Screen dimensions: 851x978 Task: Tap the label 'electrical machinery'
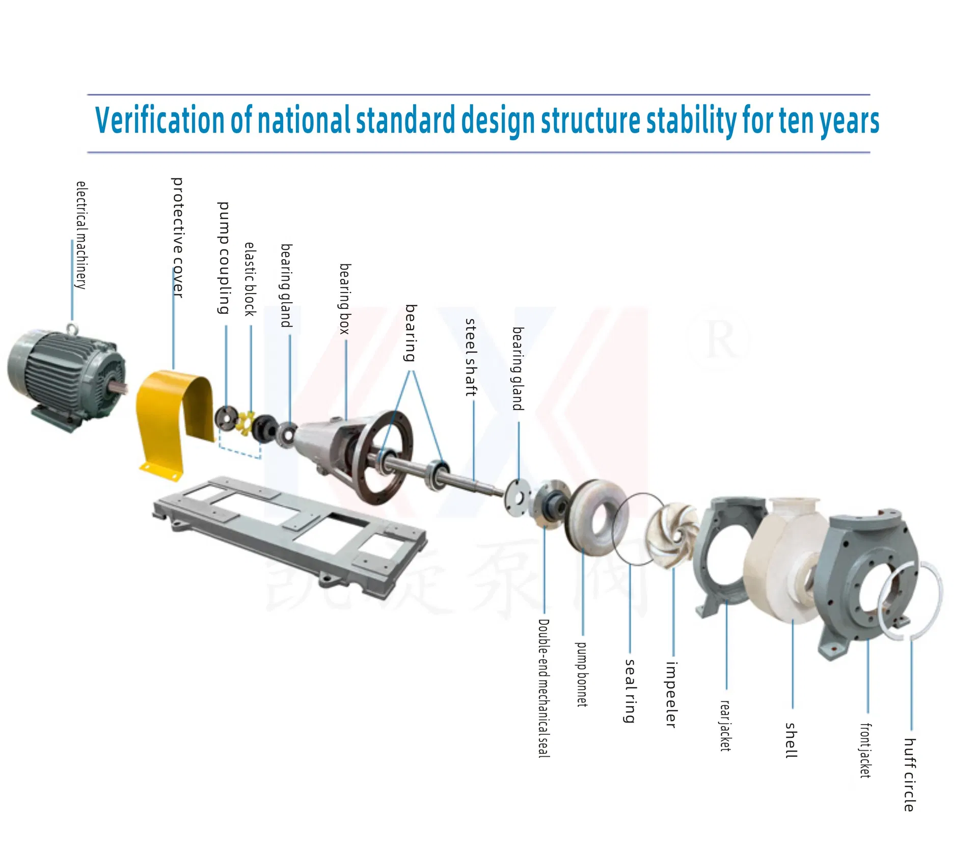tap(81, 235)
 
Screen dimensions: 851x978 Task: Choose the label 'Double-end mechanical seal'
tap(544, 688)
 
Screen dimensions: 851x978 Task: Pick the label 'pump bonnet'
tap(582, 674)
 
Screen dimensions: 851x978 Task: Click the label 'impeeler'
tap(671, 695)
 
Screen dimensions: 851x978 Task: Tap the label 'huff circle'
tap(910, 775)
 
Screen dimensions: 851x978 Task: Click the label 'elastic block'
tap(250, 279)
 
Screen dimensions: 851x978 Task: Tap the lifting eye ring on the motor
tap(72, 328)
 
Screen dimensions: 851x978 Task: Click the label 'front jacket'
tap(865, 750)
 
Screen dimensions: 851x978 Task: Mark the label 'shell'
tap(791, 740)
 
